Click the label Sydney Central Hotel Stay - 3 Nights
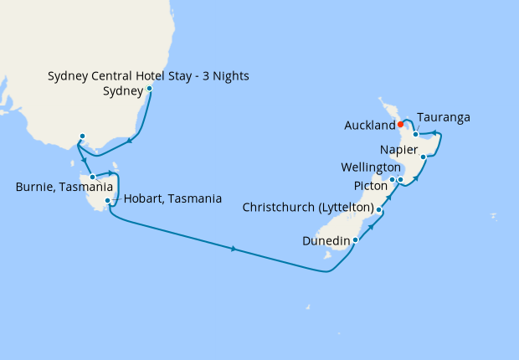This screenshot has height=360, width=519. point(148,77)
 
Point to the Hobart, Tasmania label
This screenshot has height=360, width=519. point(172,199)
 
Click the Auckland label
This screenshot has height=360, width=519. point(369,126)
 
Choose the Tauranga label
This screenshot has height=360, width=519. point(443,118)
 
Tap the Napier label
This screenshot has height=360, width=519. point(398,151)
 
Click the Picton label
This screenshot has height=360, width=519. point(369,186)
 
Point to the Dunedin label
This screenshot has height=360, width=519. point(327,240)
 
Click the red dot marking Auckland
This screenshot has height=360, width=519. point(401,125)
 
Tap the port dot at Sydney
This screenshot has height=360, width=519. point(149,89)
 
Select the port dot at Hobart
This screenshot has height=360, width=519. point(107,201)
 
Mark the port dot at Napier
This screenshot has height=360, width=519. point(424,157)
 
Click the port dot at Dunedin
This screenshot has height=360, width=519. point(356,240)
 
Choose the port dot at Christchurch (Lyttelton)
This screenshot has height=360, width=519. point(379,209)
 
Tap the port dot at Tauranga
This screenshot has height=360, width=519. point(415,134)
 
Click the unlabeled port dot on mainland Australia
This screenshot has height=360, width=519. point(82,136)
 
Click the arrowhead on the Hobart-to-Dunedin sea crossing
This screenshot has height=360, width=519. point(234,249)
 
